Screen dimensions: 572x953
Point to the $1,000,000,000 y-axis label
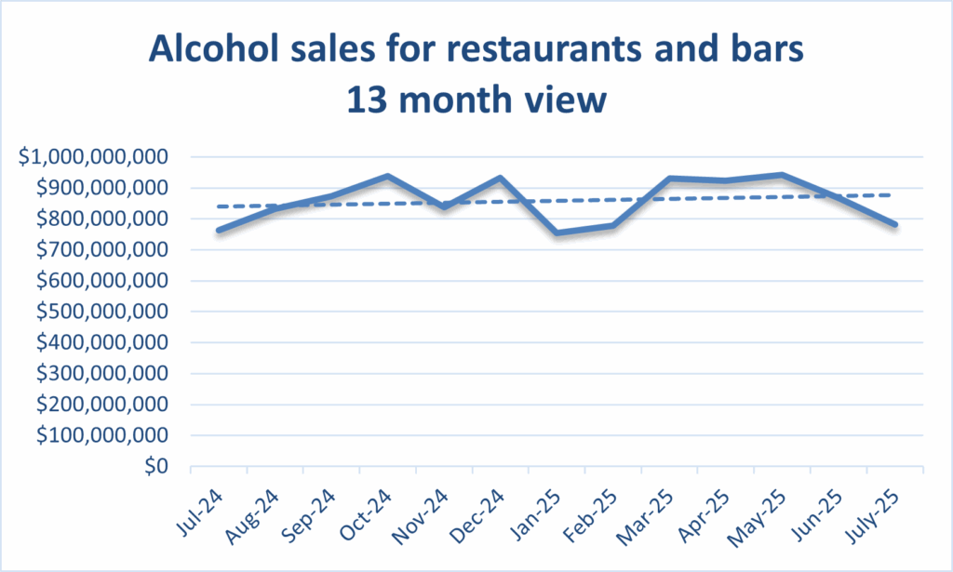pos(94,157)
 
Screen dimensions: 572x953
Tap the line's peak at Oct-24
pos(387,176)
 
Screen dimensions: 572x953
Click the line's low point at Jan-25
pos(557,233)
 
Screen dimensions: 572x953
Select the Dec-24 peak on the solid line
pos(501,178)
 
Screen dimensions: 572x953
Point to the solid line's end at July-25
pos(894,224)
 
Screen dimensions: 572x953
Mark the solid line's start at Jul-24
pos(218,230)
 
